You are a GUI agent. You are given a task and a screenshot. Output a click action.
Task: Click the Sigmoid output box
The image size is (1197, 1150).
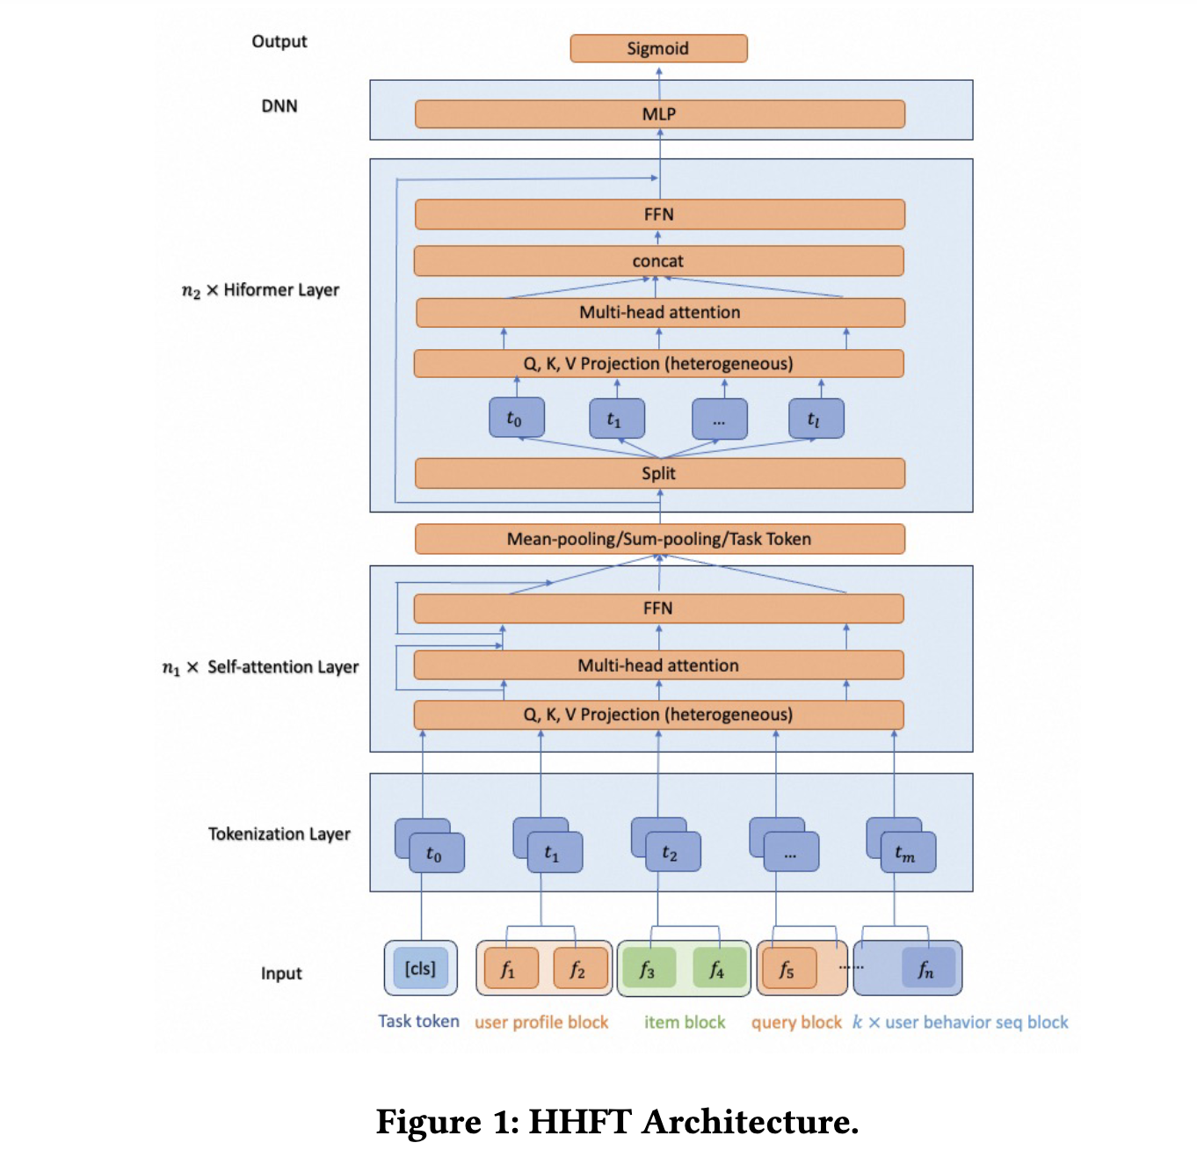pyautogui.click(x=658, y=48)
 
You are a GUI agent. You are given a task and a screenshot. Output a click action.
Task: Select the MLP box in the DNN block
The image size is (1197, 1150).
pyautogui.click(x=659, y=114)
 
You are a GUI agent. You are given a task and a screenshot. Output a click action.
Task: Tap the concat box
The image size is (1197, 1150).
pyautogui.click(x=658, y=261)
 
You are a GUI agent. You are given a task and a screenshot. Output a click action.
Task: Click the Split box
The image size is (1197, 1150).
pyautogui.click(x=659, y=473)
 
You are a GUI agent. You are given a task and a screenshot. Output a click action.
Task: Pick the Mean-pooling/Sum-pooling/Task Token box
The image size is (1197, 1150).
pyautogui.click(x=659, y=539)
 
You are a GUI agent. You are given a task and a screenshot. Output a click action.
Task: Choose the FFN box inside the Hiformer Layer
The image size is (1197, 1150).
pyautogui.click(x=659, y=215)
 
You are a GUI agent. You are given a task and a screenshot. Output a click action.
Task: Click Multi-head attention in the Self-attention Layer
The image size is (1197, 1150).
pyautogui.click(x=658, y=666)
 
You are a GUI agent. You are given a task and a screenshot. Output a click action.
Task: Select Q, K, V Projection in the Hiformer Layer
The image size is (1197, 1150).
pyautogui.click(x=658, y=364)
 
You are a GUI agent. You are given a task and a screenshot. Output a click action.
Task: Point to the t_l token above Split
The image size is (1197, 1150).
pyautogui.click(x=815, y=419)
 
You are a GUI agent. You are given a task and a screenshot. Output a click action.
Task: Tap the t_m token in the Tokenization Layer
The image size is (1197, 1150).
pyautogui.click(x=907, y=853)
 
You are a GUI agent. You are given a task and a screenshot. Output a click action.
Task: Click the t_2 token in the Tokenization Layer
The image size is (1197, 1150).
pyautogui.click(x=671, y=853)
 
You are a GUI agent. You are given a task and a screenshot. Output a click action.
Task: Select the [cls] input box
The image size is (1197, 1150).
pyautogui.click(x=420, y=969)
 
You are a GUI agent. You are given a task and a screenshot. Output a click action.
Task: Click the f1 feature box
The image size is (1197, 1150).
pyautogui.click(x=508, y=969)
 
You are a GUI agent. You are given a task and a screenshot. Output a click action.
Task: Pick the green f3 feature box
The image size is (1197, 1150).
pyautogui.click(x=648, y=969)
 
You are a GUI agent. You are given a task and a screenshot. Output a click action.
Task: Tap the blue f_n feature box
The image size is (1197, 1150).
pyautogui.click(x=927, y=969)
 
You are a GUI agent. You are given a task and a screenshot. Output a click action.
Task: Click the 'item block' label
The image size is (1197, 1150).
pyautogui.click(x=685, y=1023)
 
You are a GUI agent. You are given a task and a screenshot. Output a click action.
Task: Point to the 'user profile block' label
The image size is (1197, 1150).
pyautogui.click(x=541, y=1023)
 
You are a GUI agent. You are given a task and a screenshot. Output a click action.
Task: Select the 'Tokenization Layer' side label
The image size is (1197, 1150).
pyautogui.click(x=279, y=833)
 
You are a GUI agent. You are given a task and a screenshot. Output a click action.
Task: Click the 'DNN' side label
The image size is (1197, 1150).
pyautogui.click(x=279, y=106)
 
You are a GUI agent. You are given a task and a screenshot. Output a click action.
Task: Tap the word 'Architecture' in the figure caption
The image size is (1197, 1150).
pyautogui.click(x=750, y=1122)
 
